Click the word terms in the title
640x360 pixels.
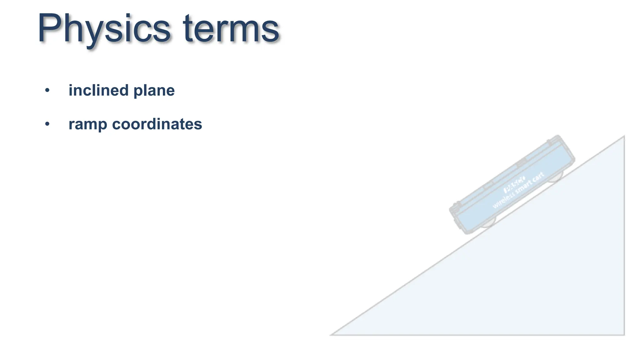(231, 29)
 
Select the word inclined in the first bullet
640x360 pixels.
(98, 90)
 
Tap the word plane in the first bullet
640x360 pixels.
(154, 91)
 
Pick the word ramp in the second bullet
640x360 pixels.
(88, 125)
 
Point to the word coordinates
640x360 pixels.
(157, 124)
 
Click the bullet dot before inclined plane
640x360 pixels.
(47, 91)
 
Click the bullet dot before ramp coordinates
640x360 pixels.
(47, 124)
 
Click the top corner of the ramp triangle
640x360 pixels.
(624, 137)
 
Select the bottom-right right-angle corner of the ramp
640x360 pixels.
(624, 335)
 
